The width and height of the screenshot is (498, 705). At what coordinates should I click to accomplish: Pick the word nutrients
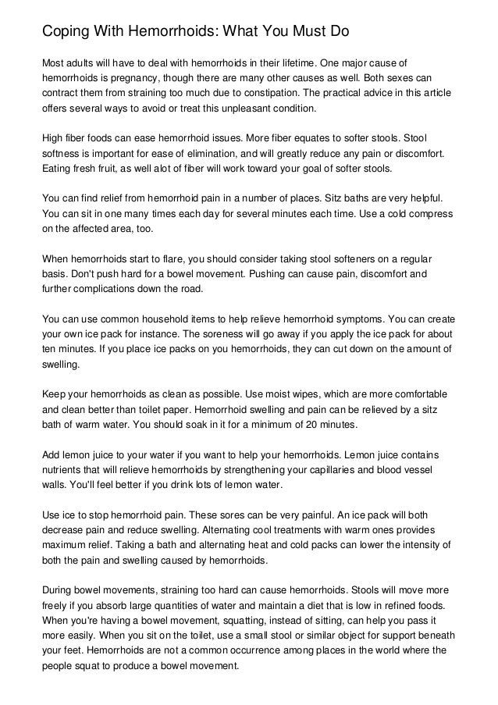tap(64, 470)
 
